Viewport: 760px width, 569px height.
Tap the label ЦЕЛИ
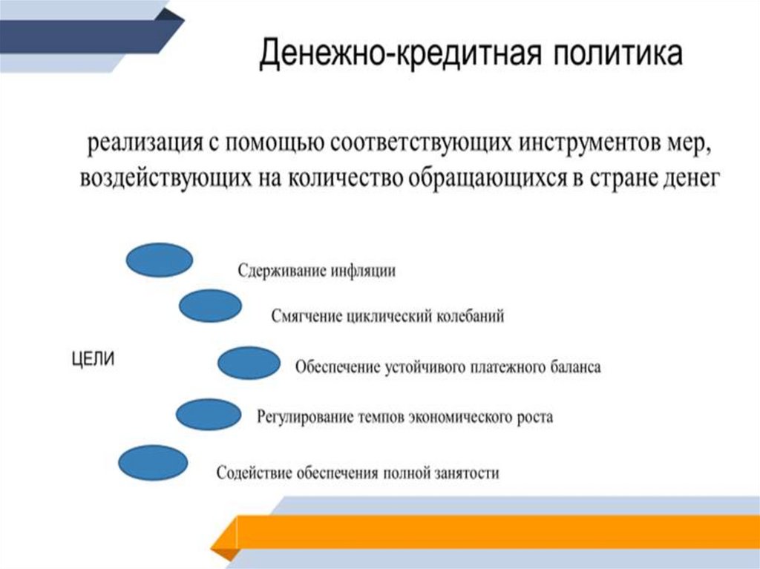[92, 360]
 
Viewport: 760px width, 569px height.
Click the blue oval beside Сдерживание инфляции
[160, 260]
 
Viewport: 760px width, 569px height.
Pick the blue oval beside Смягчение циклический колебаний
[210, 306]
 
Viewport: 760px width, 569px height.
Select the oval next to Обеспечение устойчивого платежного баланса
[249, 364]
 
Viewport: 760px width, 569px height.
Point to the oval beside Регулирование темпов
[209, 414]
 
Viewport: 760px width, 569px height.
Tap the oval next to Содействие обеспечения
[151, 463]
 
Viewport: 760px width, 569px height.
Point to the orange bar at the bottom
[490, 530]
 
